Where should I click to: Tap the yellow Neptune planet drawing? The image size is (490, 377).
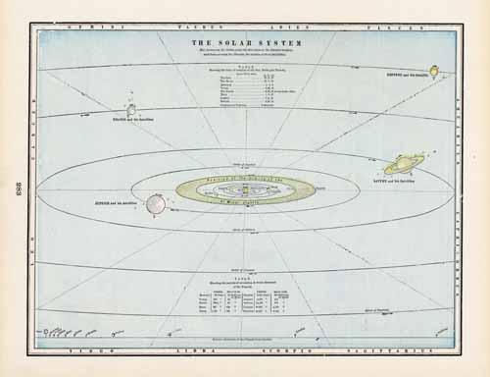(x=432, y=71)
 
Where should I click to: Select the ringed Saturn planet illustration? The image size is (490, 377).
(x=404, y=164)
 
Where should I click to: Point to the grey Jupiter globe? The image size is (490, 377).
(x=155, y=204)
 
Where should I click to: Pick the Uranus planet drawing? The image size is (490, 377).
(x=130, y=109)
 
